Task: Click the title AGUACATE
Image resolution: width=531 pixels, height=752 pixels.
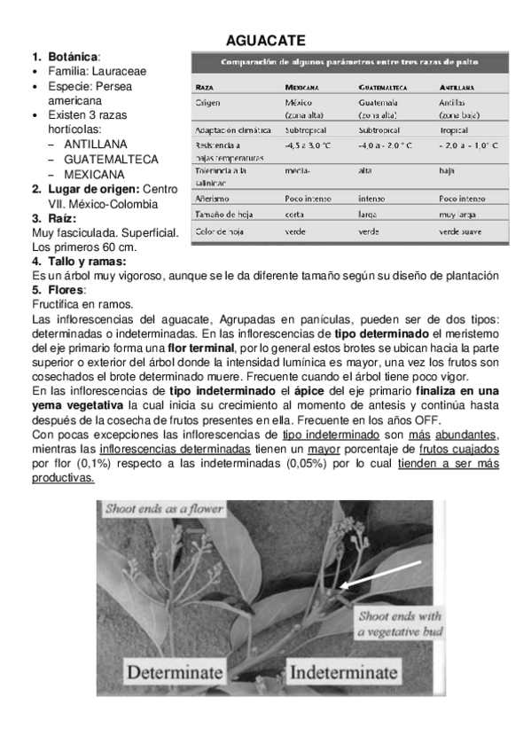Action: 266,41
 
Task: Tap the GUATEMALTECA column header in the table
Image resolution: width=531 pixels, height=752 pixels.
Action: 383,88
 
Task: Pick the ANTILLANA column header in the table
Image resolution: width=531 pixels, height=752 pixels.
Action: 457,88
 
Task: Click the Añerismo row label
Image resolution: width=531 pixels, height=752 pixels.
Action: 214,199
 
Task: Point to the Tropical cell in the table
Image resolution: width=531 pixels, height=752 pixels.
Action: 454,129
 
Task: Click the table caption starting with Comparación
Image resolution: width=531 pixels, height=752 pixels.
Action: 351,61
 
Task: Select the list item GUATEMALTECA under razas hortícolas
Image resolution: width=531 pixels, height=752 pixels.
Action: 112,159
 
